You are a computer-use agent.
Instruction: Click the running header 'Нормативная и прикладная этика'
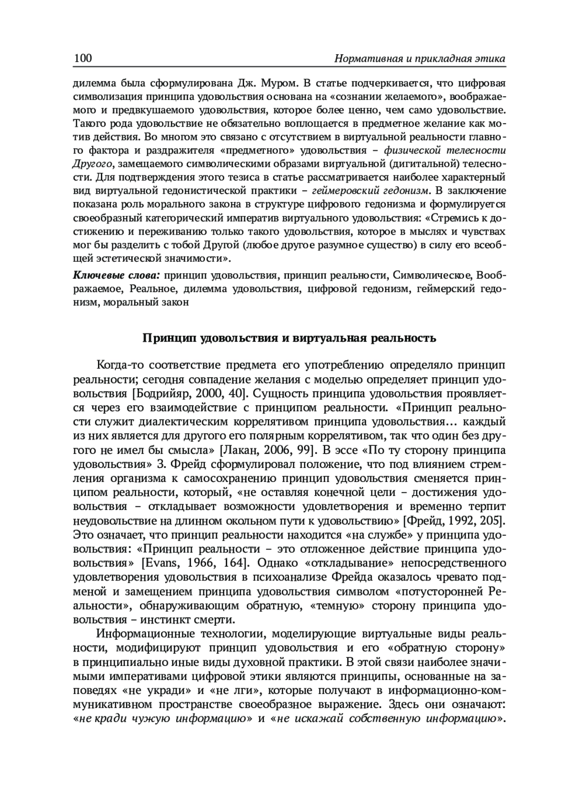coord(413,59)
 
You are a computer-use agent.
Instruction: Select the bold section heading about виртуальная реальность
coord(289,338)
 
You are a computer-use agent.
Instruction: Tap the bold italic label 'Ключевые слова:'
coord(116,275)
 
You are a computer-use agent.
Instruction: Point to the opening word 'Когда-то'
coord(120,364)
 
